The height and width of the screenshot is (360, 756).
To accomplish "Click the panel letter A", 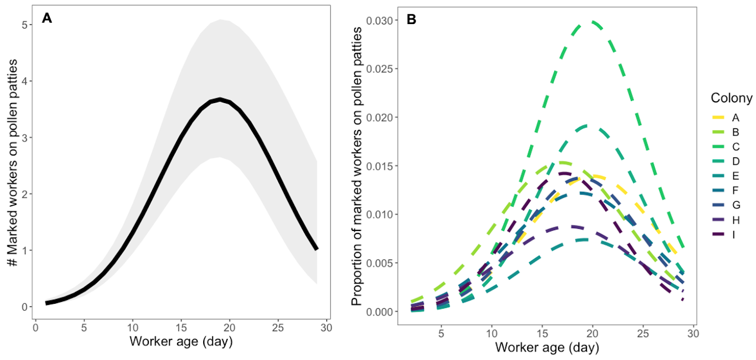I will point(47,18).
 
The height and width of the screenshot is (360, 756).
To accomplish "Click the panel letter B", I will point(412,20).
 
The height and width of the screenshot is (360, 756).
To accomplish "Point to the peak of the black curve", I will point(220,99).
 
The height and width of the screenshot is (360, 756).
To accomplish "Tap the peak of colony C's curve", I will point(592,22).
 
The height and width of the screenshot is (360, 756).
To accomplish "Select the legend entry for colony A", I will point(735,118).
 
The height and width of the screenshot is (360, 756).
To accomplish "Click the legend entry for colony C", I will point(735,147).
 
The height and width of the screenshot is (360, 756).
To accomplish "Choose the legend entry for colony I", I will point(734,235).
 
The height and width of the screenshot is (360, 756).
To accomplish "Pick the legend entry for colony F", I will point(735,191).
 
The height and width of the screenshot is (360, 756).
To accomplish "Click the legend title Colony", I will point(731,98).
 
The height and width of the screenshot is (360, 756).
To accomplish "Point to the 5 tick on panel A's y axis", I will point(25,25).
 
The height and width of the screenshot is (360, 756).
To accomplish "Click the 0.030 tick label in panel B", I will point(379,21).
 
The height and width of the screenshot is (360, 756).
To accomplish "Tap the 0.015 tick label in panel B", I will point(379,166).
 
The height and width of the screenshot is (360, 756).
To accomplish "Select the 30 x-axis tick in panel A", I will point(326,328).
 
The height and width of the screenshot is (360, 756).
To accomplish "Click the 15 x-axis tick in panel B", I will point(542,334).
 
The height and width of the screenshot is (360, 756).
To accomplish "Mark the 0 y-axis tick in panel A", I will point(25,307).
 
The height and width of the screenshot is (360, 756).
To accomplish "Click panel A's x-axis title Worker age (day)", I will point(181,341).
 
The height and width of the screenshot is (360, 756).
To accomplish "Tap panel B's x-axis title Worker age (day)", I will point(547,348).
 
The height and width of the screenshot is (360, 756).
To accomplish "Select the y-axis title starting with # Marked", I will point(13,163).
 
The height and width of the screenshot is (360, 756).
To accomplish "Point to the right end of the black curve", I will point(316,249).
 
